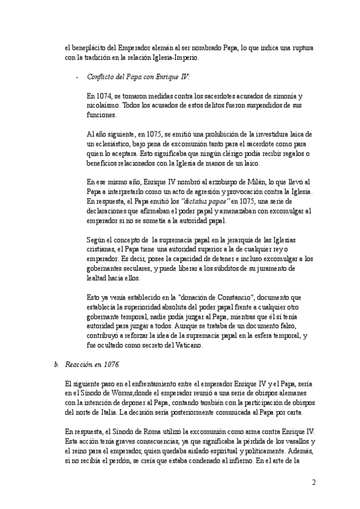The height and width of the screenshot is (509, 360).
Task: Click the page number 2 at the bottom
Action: pos(313,483)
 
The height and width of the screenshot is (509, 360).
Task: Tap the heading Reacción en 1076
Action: pos(92,364)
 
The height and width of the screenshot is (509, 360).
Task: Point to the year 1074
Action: pos(104,96)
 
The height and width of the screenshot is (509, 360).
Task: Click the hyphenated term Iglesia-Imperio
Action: pos(176,58)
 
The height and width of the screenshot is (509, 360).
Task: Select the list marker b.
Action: pos(56,364)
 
